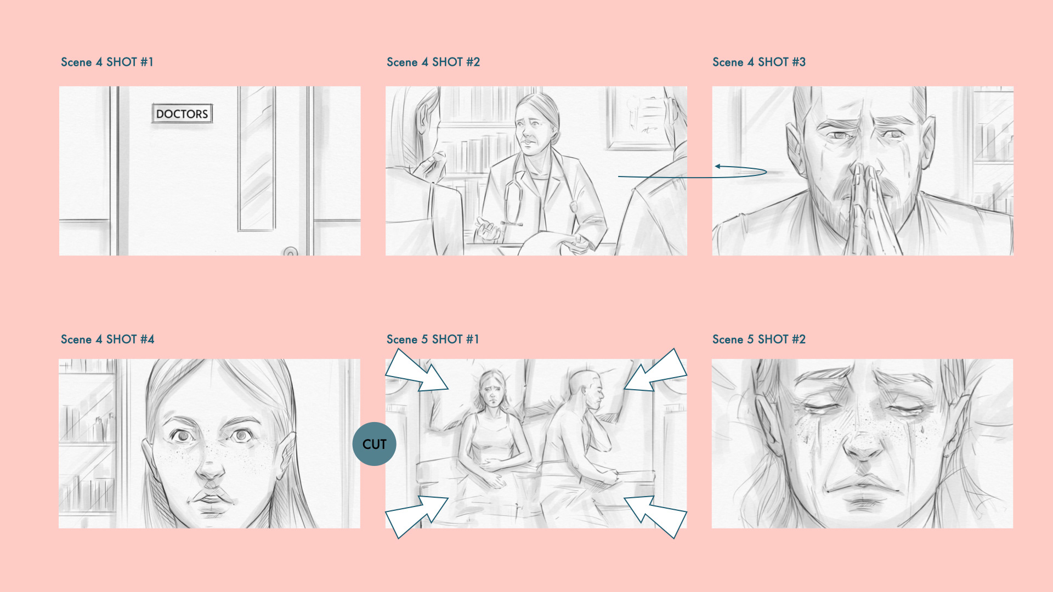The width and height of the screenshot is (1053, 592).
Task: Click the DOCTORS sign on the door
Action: pos(182,113)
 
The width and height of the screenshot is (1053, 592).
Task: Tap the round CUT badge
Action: pos(374,444)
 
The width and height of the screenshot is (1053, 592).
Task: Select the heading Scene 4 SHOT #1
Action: pos(107,62)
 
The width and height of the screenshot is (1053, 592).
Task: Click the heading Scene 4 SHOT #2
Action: pos(433,62)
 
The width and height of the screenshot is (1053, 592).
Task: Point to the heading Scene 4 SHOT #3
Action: pos(759,62)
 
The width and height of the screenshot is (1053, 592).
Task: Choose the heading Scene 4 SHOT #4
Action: pos(107,339)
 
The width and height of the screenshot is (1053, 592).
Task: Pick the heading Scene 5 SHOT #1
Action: pos(433,339)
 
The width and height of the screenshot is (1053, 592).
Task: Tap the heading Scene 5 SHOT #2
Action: pos(759,339)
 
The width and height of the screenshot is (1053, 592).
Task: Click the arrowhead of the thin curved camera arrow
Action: pos(717,166)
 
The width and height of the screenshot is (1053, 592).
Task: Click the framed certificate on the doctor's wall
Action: pos(642,117)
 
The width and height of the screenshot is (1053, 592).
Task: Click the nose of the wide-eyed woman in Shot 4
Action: pos(210,463)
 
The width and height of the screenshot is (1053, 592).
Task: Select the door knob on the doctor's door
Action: pos(291,252)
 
